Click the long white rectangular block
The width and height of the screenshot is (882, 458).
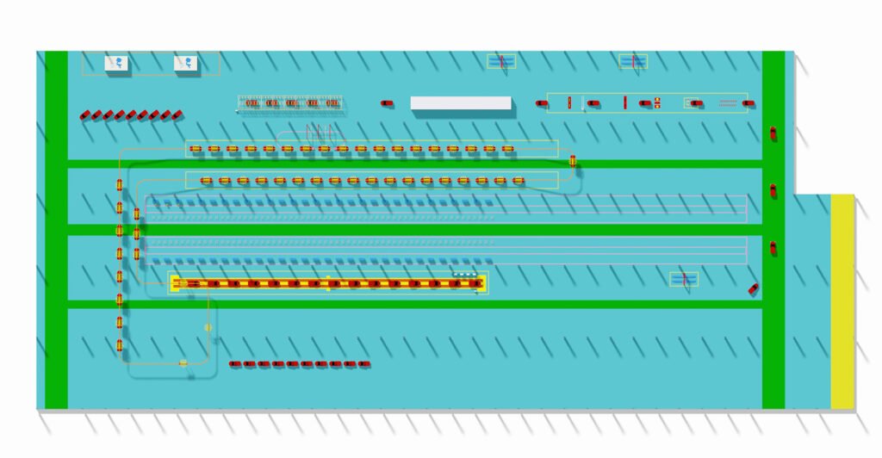coord(461,103)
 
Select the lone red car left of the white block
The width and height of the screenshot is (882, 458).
coord(388,103)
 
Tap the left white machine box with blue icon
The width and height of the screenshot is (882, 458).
coord(117,63)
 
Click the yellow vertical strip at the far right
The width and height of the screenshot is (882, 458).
coord(842,301)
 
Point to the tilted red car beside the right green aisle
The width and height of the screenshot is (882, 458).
coord(753,288)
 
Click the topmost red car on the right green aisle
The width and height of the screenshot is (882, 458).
coord(773,133)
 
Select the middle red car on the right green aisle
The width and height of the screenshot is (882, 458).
coord(773,190)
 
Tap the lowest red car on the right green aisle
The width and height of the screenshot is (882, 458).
coord(773,248)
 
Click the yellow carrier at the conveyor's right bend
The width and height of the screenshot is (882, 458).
coord(573,160)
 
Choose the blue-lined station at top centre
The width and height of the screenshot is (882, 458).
coord(500,61)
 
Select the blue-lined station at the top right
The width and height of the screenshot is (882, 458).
coord(633,61)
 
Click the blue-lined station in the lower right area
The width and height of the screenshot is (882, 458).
coord(684,279)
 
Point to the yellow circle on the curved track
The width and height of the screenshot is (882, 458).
coord(208,327)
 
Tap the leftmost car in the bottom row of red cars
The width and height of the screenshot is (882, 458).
coord(235,364)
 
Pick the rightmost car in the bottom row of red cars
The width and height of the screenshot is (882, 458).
coord(364,364)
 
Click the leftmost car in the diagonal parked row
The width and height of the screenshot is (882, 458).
coord(85,114)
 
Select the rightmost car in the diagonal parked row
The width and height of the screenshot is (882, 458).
coord(177,113)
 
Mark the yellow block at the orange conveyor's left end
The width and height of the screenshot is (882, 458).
coord(175,282)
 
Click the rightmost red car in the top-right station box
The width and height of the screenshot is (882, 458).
coord(749,103)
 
